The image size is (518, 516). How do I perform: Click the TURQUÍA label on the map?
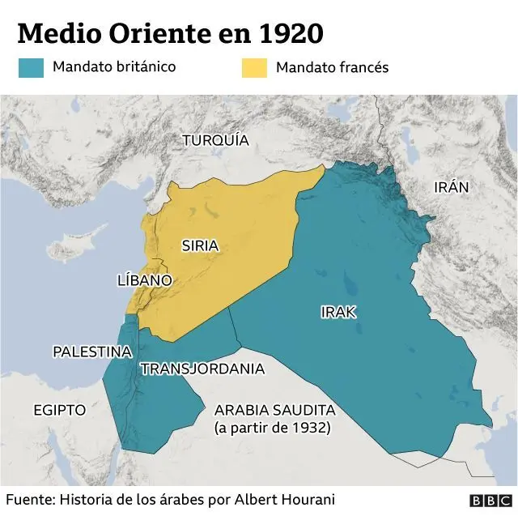coord(215,140)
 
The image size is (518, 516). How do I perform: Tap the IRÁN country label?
coord(452,187)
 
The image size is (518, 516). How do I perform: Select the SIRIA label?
coord(200,245)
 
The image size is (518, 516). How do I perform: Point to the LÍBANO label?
coord(145,280)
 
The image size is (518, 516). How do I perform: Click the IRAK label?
coord(338,312)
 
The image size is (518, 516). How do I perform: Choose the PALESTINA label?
coord(92,352)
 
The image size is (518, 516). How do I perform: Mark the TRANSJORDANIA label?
coord(202,369)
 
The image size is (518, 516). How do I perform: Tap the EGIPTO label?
coord(59,410)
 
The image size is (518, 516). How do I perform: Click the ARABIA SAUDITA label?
coord(274,410)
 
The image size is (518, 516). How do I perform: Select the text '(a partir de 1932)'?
coord(272,428)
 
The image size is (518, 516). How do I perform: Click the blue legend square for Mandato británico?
coord(31,67)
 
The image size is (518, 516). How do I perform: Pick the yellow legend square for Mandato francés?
coord(253,67)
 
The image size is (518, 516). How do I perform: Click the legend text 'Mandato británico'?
coord(114,67)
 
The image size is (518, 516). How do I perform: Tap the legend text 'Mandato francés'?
coord(332,67)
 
